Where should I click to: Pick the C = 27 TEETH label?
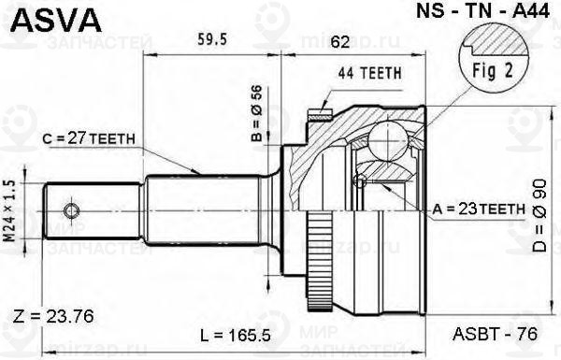91,139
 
